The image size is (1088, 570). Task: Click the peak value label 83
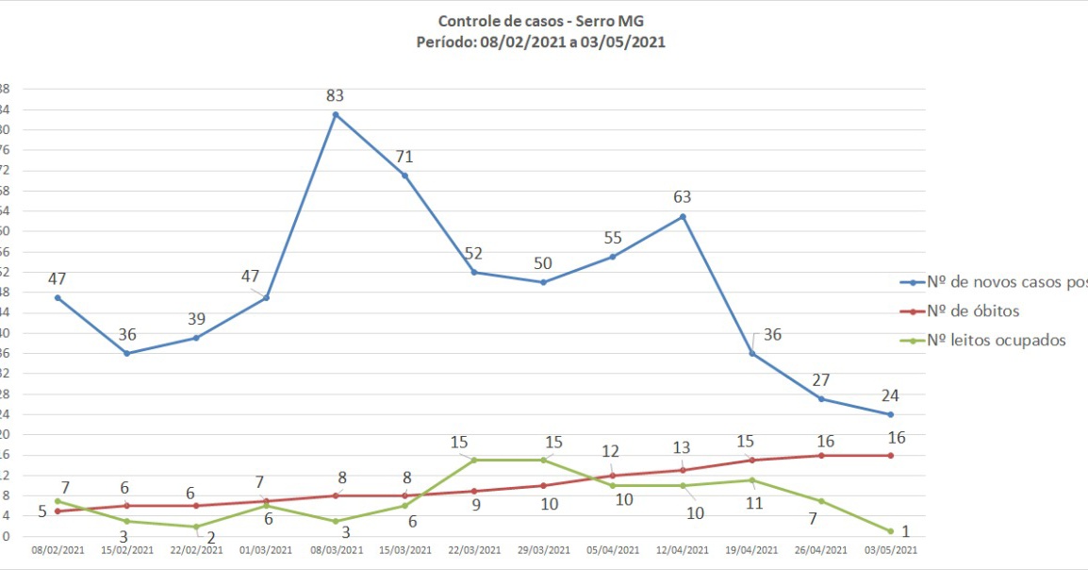(x=335, y=95)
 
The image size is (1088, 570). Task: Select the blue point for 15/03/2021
(x=404, y=176)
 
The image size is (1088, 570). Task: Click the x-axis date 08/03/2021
(x=335, y=550)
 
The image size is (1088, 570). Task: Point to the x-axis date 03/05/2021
(x=890, y=550)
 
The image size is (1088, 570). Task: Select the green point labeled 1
(x=890, y=530)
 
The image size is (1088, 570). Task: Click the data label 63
(x=682, y=197)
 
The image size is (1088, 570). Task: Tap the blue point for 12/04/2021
(x=682, y=216)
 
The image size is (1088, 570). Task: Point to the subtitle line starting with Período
(x=541, y=42)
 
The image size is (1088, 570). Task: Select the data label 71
(x=404, y=157)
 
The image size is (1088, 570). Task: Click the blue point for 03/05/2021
(x=890, y=414)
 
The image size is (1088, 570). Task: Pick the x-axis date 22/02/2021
(x=196, y=550)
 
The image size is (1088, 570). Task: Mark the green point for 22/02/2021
(x=196, y=527)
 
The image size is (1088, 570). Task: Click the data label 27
(x=821, y=380)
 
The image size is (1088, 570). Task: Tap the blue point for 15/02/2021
(x=126, y=354)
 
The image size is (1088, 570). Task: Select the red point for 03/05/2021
(x=890, y=455)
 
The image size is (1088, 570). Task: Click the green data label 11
(x=753, y=503)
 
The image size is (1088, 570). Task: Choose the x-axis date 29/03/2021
(x=543, y=550)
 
